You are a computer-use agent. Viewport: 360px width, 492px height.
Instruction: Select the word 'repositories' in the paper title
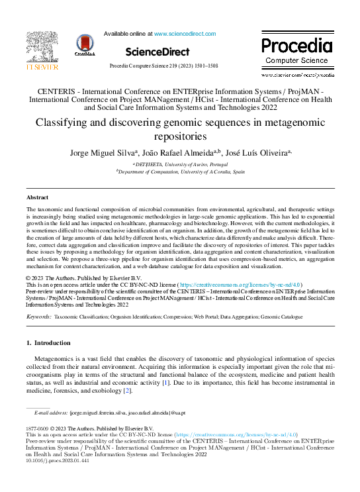(179, 136)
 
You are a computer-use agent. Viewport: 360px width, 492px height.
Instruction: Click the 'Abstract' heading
(37, 197)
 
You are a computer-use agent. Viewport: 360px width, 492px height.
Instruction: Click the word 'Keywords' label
(38, 317)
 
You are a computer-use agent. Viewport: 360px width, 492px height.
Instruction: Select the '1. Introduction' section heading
(48, 343)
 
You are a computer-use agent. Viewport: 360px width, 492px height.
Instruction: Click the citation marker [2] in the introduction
(127, 390)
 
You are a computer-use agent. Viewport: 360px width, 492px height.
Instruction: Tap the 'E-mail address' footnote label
(52, 412)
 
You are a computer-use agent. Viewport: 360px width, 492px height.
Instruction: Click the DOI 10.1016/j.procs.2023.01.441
(56, 461)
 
